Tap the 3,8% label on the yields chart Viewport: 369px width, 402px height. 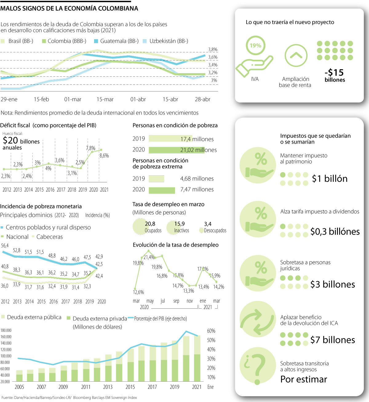213,49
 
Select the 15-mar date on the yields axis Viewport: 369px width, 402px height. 105,99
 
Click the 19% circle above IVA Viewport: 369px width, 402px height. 255,46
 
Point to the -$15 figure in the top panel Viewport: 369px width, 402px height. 334,73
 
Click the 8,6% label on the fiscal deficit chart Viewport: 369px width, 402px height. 104,155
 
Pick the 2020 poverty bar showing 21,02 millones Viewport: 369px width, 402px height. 176,150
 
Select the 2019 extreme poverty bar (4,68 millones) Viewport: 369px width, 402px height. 156,179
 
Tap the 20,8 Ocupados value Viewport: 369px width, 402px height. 150,224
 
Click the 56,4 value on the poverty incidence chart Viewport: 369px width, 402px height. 5,245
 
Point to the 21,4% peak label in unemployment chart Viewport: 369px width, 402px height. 149,257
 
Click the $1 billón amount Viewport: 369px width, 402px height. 330,179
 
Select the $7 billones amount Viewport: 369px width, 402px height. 333,340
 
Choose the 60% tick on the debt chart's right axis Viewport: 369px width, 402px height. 211,331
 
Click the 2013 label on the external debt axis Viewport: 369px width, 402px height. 108,387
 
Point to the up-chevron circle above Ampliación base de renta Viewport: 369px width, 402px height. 296,55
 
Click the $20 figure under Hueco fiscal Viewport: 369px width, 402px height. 10,140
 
